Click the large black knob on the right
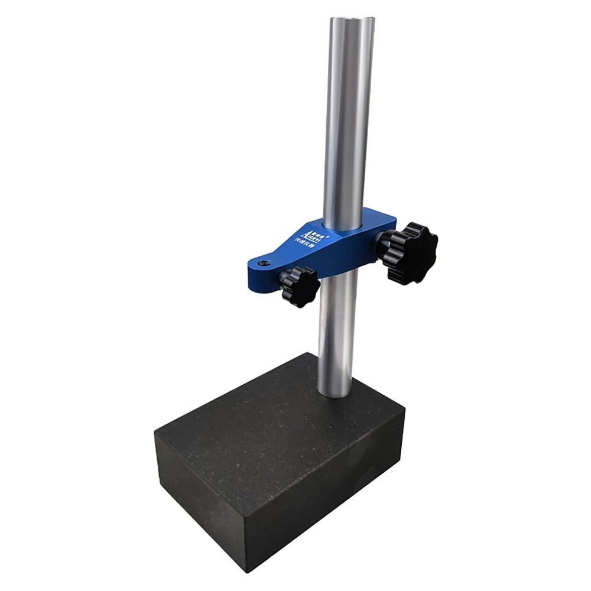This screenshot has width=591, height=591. point(412,252)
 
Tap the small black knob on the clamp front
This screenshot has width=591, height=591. point(300,285)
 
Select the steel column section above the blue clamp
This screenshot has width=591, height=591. point(349,118)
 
